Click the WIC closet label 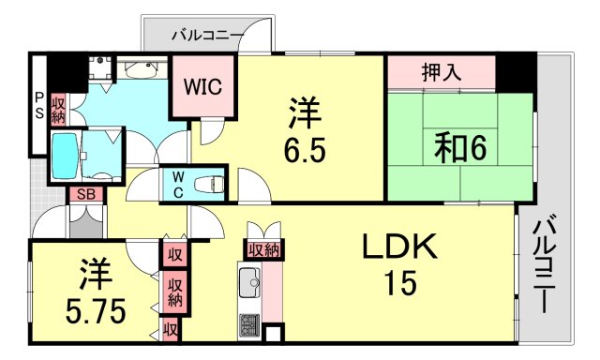202,88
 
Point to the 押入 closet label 441,71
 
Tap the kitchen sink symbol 249,280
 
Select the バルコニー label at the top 207,37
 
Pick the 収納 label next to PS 59,110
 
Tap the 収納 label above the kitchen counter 262,248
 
